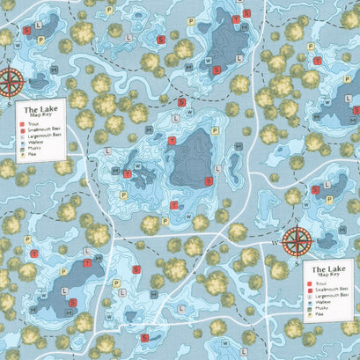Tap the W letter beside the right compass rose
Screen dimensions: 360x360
[276, 242]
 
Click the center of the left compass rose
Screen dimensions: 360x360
[11, 81]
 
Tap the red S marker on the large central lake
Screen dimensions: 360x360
[209, 180]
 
